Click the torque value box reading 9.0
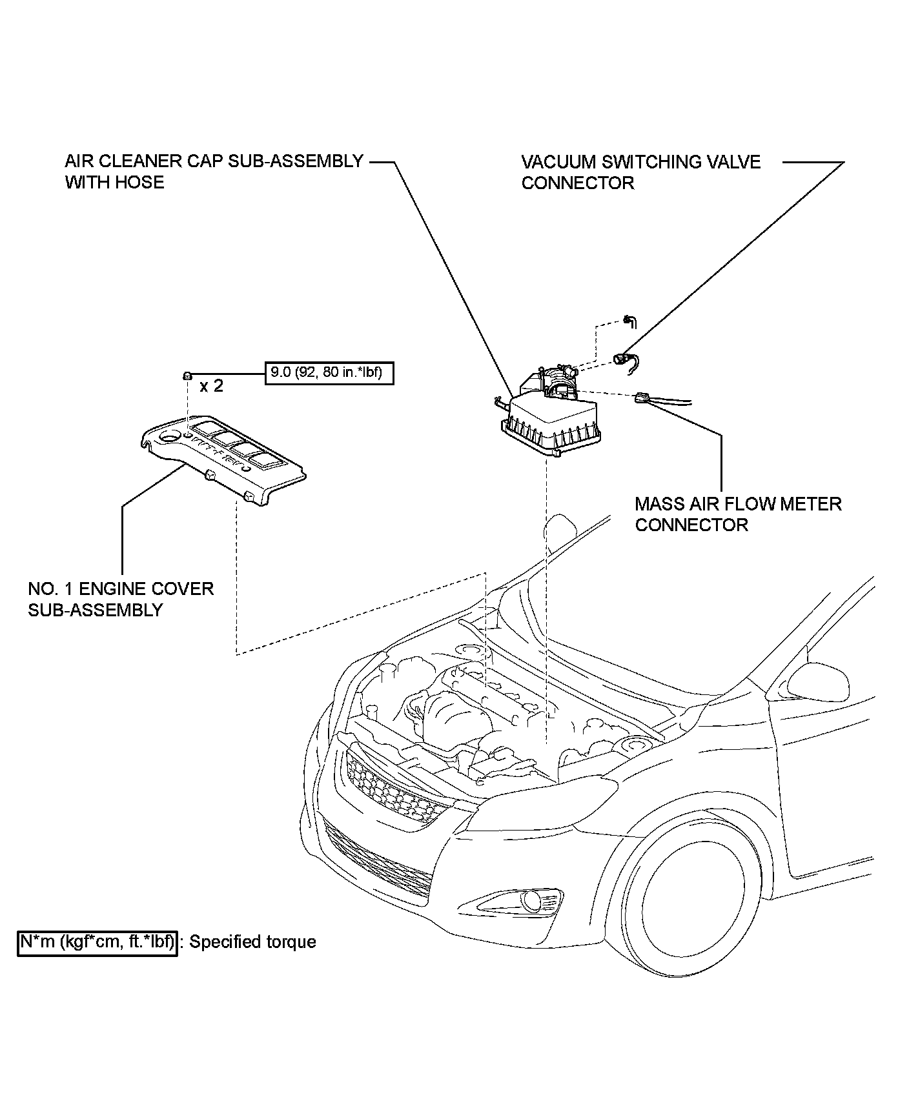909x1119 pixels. tap(329, 372)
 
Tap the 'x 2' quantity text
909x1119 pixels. tap(211, 386)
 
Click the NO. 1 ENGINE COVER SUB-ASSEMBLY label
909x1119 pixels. tap(121, 599)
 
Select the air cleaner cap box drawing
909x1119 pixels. tap(553, 423)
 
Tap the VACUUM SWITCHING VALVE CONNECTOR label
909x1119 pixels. tap(640, 172)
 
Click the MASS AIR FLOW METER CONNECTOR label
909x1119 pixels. tap(738, 514)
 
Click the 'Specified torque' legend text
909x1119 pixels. tap(252, 942)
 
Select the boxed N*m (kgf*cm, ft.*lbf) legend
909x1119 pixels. tap(97, 942)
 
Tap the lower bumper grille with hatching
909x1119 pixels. tap(378, 858)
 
